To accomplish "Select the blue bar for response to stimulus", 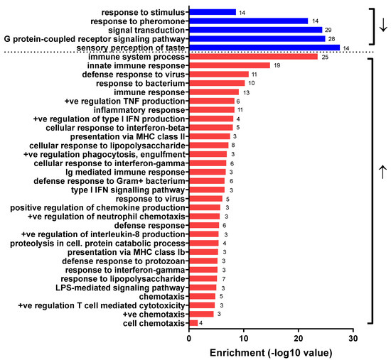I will tap(213, 12).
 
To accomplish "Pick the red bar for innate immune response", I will tap(230, 65).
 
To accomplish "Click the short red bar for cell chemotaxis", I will tap(193, 323).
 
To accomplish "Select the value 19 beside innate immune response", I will tap(277, 65).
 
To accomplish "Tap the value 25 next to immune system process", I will tap(325, 56).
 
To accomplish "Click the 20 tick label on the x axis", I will tap(299, 337).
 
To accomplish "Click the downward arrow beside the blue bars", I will tap(383, 25).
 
